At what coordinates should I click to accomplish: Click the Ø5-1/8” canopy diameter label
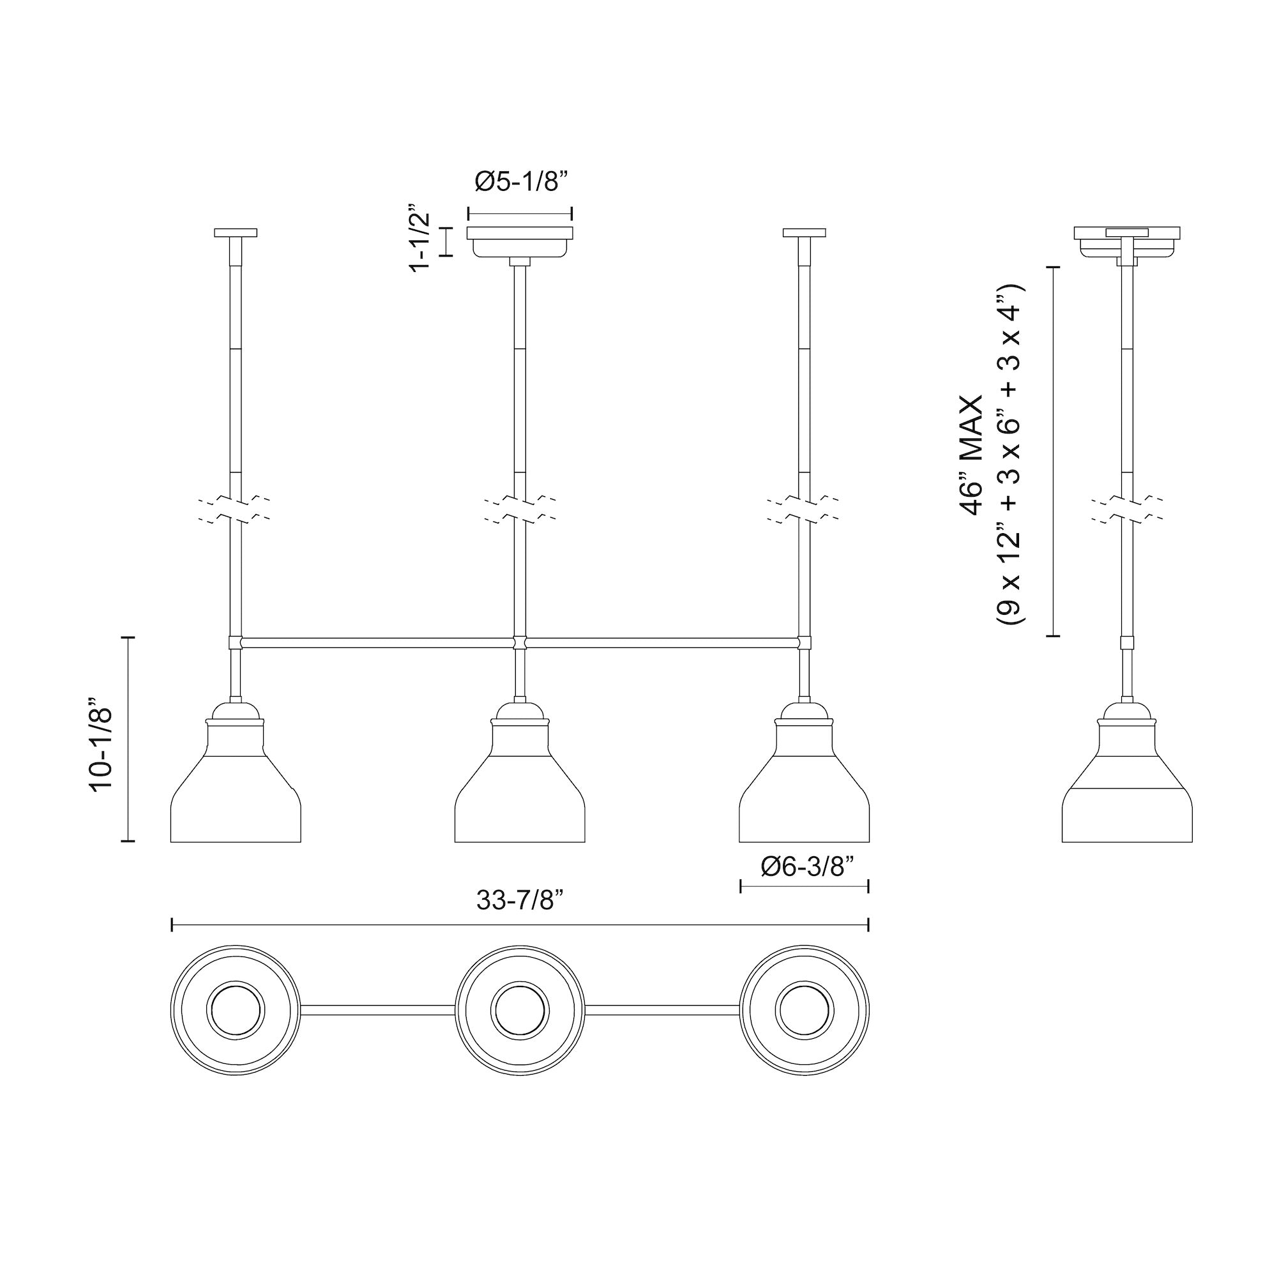pyautogui.click(x=522, y=182)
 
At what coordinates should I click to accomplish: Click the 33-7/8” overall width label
pyautogui.click(x=520, y=900)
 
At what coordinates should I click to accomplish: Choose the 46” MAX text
pyautogui.click(x=972, y=455)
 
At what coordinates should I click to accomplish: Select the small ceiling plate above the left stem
pyautogui.click(x=236, y=232)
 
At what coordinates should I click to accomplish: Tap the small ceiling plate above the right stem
pyautogui.click(x=804, y=232)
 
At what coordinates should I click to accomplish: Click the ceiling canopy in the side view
pyautogui.click(x=1127, y=241)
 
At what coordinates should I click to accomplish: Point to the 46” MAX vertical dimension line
pyautogui.click(x=1053, y=451)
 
